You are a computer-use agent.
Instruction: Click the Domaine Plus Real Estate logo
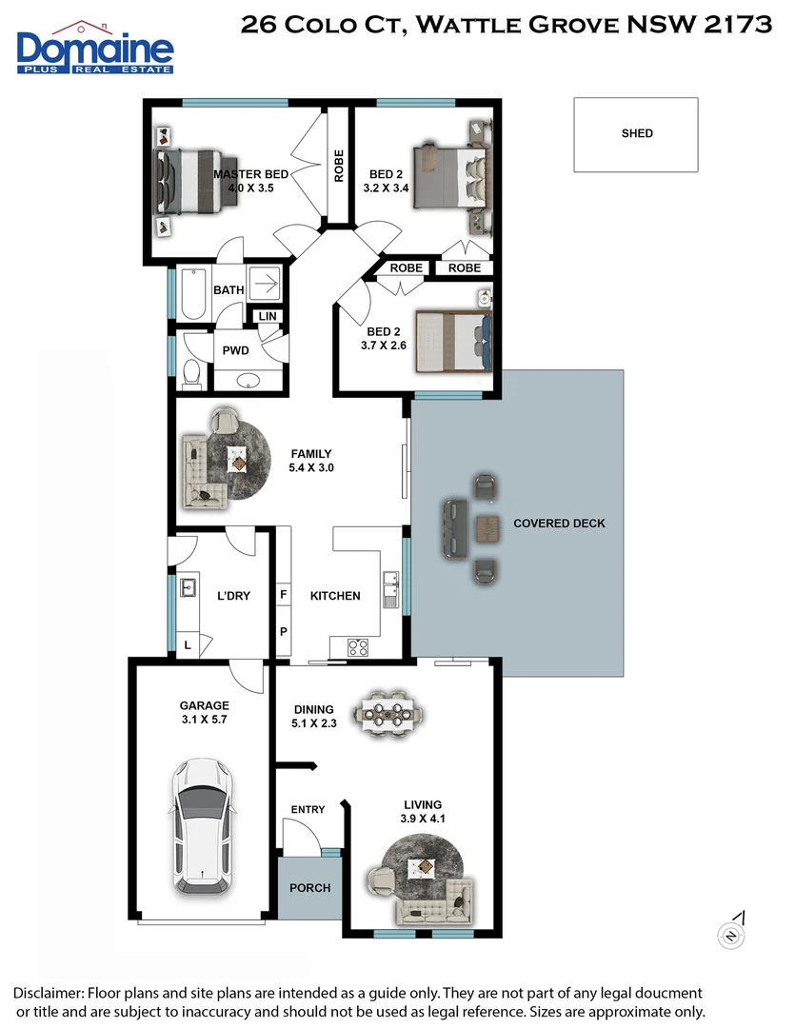pyautogui.click(x=94, y=48)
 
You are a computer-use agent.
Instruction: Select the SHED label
pyautogui.click(x=637, y=133)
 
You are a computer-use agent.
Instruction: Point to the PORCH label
pyautogui.click(x=309, y=888)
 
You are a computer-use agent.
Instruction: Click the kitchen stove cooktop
pyautogui.click(x=359, y=648)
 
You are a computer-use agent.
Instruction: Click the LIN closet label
pyautogui.click(x=266, y=316)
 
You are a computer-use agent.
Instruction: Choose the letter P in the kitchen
pyautogui.click(x=283, y=631)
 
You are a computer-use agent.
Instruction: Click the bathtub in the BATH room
pyautogui.click(x=191, y=294)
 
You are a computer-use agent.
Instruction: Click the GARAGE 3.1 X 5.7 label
pyautogui.click(x=205, y=712)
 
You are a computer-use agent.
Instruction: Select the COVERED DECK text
pyautogui.click(x=559, y=524)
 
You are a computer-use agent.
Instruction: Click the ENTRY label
pyautogui.click(x=308, y=809)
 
